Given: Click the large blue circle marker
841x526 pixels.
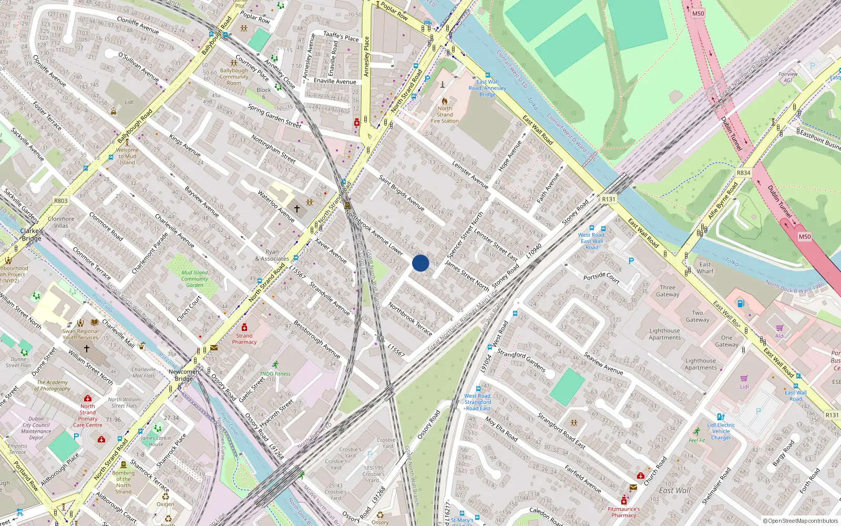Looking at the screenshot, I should coord(420,263).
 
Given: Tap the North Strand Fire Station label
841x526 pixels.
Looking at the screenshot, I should coord(445,115).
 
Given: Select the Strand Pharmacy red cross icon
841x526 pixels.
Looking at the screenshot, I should coord(244,327).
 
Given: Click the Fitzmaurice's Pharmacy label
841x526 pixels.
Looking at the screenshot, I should coord(624,512).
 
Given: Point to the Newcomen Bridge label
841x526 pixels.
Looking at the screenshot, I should coord(183,375).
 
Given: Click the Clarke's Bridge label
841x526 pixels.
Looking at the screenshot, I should coord(32,235).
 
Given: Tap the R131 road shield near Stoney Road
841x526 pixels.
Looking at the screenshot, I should coord(609,199).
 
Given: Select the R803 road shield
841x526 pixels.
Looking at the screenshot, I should coord(61,200).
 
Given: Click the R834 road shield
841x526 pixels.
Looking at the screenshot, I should coord(743,173).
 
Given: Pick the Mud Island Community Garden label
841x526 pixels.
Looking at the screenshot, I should coord(194,279).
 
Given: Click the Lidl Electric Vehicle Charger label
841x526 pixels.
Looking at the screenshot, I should coord(721,431).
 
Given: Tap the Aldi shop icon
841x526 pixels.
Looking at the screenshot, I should coord(780,328).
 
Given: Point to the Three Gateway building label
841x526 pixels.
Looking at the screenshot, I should coord(668,291).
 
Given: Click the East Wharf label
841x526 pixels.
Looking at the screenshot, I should coord(705,268).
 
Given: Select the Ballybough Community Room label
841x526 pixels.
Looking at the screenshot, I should coord(234,77).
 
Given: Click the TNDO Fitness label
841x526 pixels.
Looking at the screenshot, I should coord(275,373).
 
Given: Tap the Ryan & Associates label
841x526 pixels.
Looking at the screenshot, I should coord(272,255).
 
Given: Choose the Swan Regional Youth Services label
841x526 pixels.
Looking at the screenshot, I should coord(80,334).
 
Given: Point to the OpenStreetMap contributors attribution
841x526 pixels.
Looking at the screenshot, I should coord(800,521).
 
